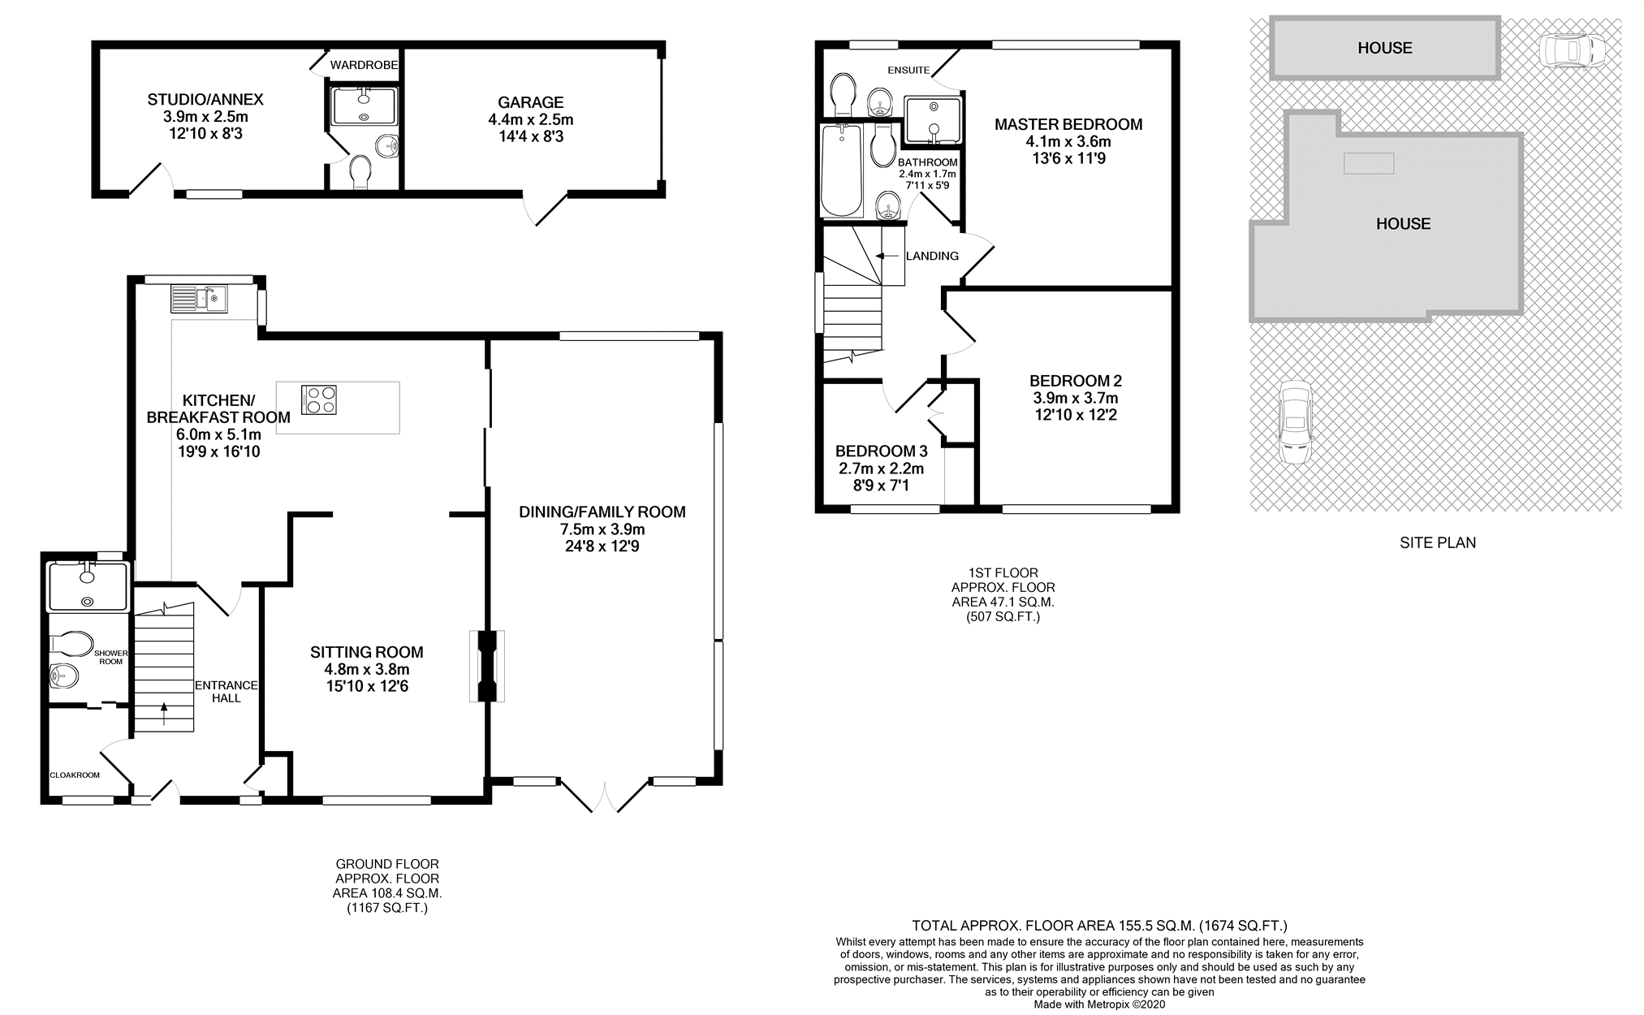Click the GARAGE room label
coord(530,102)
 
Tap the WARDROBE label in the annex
coord(365,65)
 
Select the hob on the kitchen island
coord(319,400)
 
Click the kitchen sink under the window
coord(199,299)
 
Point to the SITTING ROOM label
coord(366,652)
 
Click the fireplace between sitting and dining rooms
coord(486,666)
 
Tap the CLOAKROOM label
coord(75,775)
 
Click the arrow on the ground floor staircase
coord(165,713)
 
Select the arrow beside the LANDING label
coord(882,256)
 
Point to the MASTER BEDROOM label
coord(1068,124)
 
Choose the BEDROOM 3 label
coord(881,451)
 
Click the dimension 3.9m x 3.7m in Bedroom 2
coord(1075,398)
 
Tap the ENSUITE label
coord(908,71)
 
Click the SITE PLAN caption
coord(1437,542)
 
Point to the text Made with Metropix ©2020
coord(1099,1004)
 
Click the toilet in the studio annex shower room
coord(360,171)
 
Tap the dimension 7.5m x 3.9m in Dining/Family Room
coord(602,529)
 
